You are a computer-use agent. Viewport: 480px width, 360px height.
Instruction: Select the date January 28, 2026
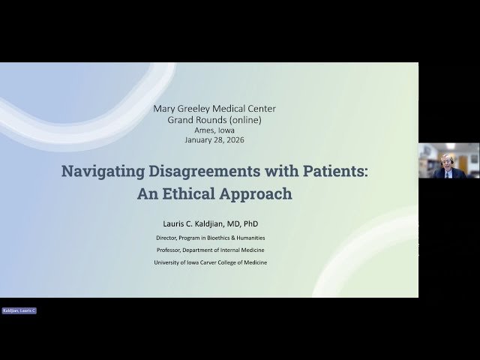click(214, 139)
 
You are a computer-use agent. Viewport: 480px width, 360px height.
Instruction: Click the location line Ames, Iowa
click(214, 130)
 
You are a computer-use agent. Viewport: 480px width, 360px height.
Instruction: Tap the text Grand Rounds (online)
click(214, 120)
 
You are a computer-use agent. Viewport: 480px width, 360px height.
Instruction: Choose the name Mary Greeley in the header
click(180, 109)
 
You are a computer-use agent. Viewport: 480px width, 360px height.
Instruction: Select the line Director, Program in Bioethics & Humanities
click(214, 238)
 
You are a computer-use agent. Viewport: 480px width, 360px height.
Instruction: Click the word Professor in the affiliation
click(172, 250)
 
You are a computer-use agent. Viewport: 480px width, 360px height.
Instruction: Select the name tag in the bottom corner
click(19, 310)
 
